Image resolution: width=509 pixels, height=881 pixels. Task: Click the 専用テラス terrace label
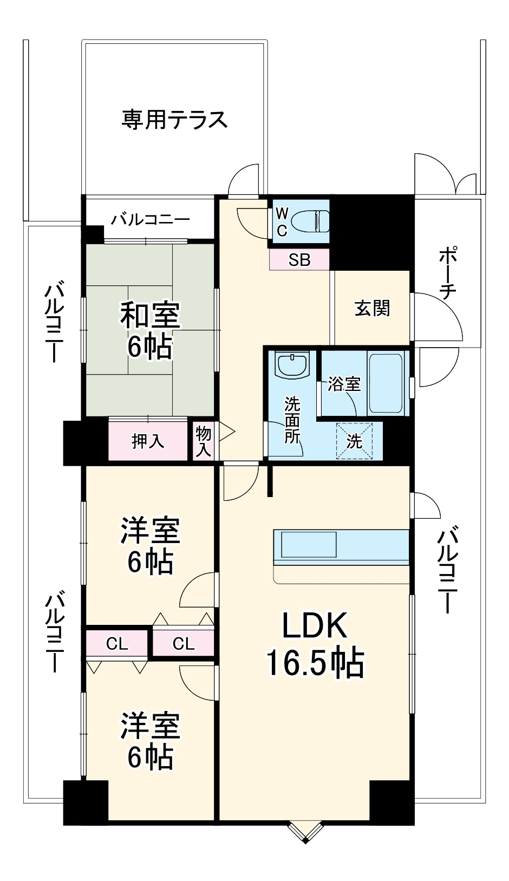click(x=174, y=119)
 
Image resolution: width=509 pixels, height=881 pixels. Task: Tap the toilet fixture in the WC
click(x=310, y=221)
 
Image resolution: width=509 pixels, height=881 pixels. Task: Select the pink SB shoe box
click(x=299, y=260)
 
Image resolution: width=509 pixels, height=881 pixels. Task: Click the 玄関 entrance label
click(x=372, y=308)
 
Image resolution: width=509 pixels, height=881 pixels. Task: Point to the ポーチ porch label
click(x=448, y=273)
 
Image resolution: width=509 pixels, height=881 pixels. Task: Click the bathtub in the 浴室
click(x=385, y=382)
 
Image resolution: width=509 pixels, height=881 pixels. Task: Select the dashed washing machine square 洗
click(x=354, y=441)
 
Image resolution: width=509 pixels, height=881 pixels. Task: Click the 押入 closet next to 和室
click(x=148, y=441)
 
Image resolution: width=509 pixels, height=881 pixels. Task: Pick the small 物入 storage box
click(x=204, y=441)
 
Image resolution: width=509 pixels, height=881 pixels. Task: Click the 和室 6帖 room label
click(x=150, y=330)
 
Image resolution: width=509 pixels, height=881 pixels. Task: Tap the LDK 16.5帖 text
click(x=315, y=644)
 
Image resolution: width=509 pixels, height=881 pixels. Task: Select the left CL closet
click(x=117, y=644)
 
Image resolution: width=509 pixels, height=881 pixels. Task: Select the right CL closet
click(x=184, y=644)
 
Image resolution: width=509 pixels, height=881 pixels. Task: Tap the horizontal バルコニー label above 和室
click(x=151, y=219)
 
